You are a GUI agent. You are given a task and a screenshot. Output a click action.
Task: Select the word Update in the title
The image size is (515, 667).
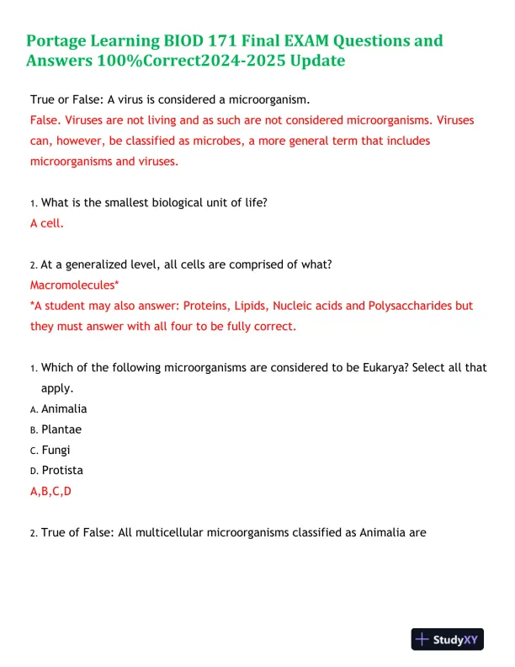(314, 61)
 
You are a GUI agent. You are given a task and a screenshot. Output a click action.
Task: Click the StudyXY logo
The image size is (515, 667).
(446, 640)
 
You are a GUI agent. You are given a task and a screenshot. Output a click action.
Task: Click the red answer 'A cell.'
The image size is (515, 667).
(47, 223)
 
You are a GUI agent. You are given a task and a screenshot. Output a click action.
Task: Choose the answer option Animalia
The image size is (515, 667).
(64, 408)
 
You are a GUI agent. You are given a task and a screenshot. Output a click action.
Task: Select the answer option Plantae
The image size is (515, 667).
(61, 429)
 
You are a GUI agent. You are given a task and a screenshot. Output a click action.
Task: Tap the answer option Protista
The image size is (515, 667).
(62, 470)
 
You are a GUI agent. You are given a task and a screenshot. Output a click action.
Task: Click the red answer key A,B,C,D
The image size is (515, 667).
(51, 491)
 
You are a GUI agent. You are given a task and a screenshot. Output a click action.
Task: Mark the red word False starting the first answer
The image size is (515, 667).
(45, 120)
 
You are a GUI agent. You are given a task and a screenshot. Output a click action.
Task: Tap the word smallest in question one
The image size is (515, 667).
(118, 203)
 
